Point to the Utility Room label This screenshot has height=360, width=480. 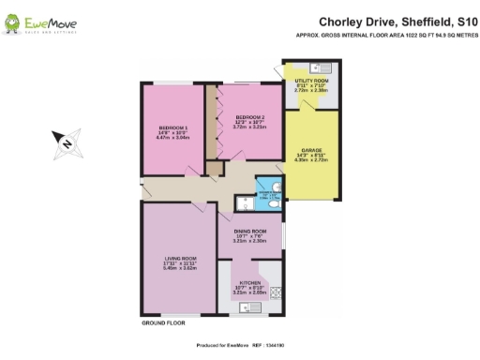[310, 82]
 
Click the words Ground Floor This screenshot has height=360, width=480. [160, 323]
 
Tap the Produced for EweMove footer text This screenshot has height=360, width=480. [239, 344]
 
